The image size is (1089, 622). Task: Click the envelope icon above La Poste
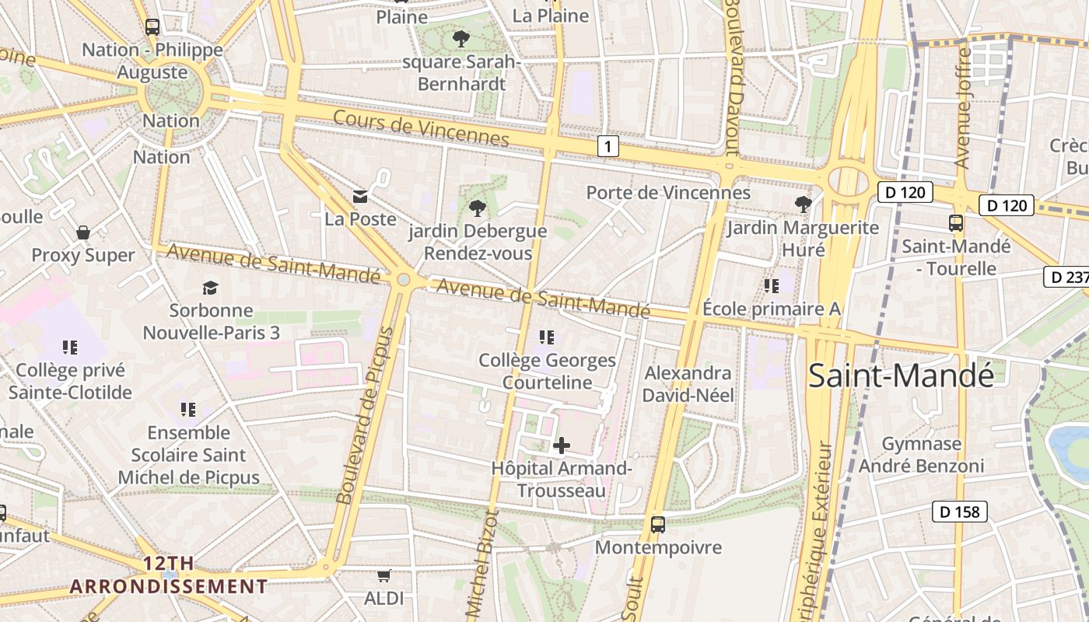coord(360,196)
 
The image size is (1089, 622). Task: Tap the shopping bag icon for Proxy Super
coord(83,232)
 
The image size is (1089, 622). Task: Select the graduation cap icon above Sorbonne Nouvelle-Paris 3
coord(210,288)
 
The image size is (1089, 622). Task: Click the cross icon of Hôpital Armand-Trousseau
coord(561,446)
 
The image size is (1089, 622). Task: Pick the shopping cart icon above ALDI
coord(383,576)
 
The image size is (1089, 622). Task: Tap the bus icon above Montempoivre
coord(658,525)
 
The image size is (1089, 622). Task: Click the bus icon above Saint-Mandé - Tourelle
coord(956,223)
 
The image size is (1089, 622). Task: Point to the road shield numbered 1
coord(608,146)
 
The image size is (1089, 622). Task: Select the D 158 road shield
coord(960,512)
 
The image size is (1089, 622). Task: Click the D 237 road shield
coord(1066,277)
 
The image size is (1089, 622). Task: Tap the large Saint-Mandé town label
coord(902,376)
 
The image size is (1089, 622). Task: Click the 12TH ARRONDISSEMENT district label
coord(169,575)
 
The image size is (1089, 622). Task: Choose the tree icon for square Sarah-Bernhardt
coord(461,38)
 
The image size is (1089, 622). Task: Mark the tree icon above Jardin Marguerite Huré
coord(803,204)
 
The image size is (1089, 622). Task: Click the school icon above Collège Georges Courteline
coord(547,337)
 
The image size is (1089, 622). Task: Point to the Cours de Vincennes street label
coord(421,128)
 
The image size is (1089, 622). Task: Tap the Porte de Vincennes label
coord(668,193)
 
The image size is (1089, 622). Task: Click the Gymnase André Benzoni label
coord(922,455)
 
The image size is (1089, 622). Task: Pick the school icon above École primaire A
coord(771,286)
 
